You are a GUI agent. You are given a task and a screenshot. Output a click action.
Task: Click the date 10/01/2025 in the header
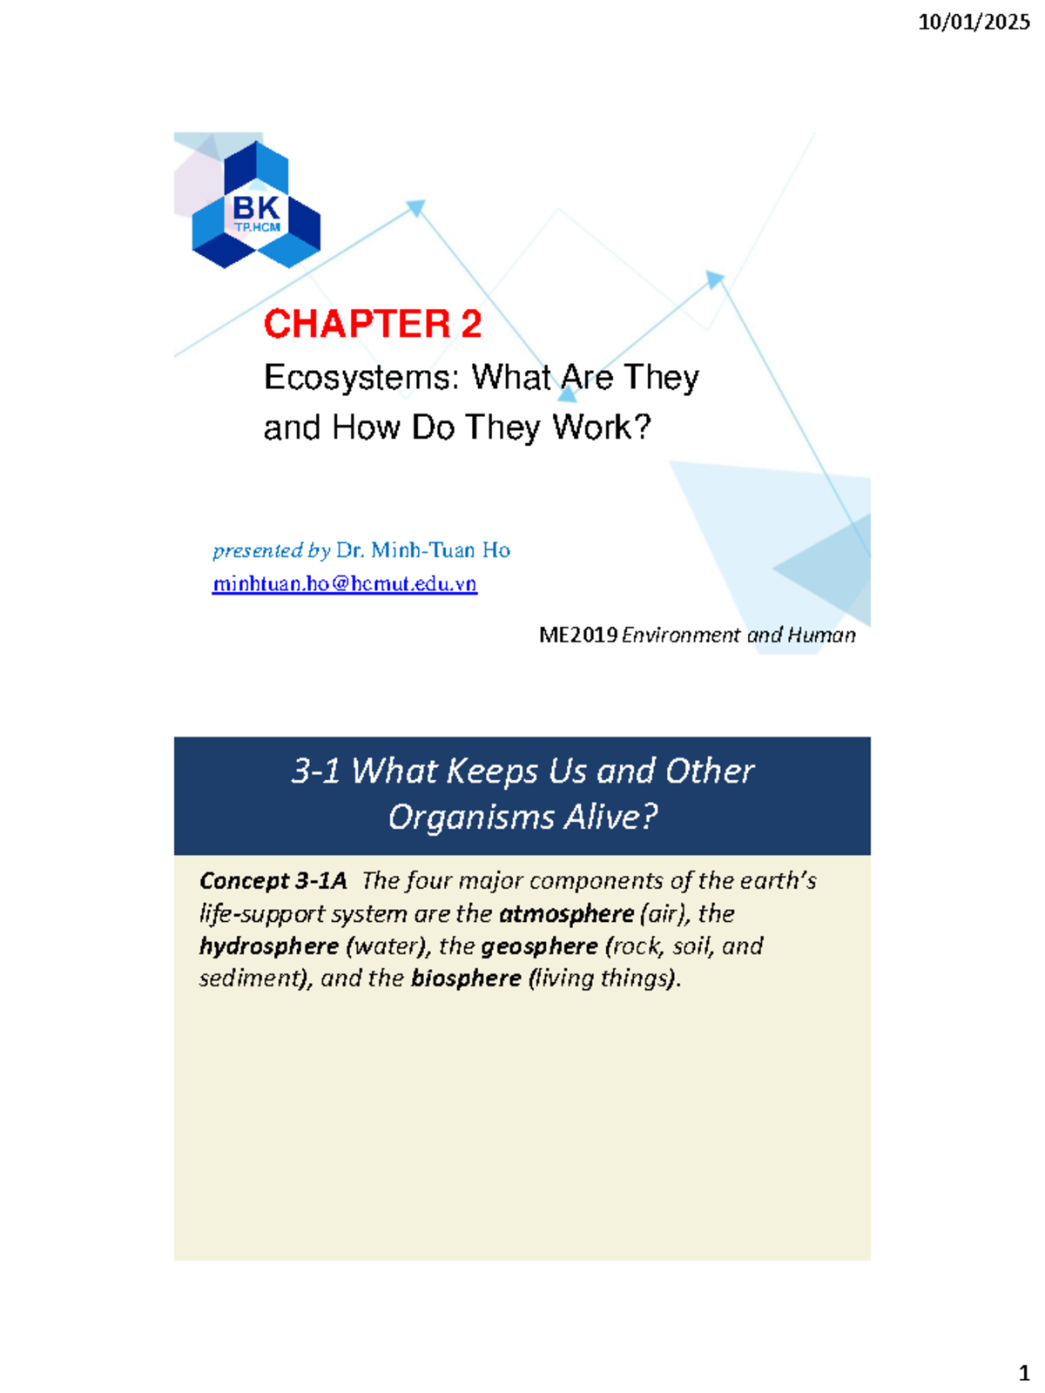point(974,22)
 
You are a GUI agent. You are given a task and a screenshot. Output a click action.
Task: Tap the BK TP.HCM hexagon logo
point(256,206)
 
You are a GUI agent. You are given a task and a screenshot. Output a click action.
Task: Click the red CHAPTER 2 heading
point(373,324)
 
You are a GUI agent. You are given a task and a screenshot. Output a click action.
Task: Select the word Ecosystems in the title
point(361,378)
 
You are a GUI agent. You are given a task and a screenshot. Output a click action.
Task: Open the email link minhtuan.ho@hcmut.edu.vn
point(345,583)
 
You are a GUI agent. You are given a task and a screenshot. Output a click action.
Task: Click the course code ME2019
point(578,635)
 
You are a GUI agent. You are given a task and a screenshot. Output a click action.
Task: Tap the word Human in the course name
point(821,635)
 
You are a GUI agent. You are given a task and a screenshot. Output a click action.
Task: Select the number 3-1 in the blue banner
point(315,771)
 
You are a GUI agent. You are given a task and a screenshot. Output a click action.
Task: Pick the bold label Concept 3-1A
point(273,881)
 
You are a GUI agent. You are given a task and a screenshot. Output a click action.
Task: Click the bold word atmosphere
point(566,914)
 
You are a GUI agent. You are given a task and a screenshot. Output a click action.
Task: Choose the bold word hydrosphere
point(269,946)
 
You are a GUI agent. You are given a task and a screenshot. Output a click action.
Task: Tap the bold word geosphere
point(539,946)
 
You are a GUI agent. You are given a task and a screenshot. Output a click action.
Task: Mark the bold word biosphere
point(466,979)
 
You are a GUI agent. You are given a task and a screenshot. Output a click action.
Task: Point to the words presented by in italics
point(272,550)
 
